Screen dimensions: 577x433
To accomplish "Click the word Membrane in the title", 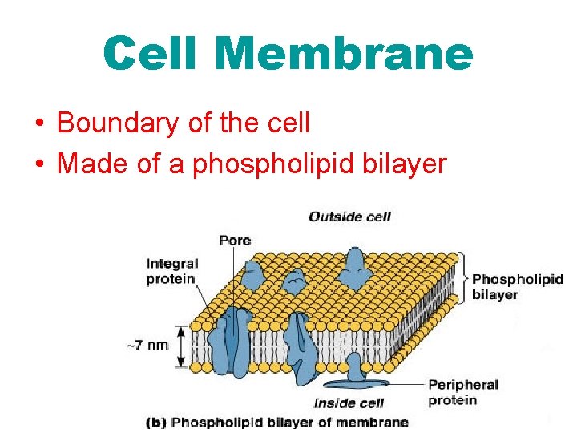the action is (x=344, y=54).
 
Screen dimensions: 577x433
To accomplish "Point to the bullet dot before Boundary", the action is (x=39, y=124).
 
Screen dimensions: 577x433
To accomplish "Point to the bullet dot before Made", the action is (x=39, y=164).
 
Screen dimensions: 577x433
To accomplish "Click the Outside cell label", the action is (x=349, y=216).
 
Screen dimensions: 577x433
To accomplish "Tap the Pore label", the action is (x=235, y=240).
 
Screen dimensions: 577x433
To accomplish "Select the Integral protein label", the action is (x=171, y=271).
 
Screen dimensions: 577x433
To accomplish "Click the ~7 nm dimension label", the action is (x=147, y=345).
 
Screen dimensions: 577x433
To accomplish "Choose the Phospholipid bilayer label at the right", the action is (x=517, y=286).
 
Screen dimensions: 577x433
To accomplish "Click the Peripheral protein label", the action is (x=462, y=392).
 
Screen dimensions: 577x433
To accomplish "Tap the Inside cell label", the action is (x=349, y=403).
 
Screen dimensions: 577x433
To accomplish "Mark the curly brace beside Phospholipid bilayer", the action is (x=464, y=277).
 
